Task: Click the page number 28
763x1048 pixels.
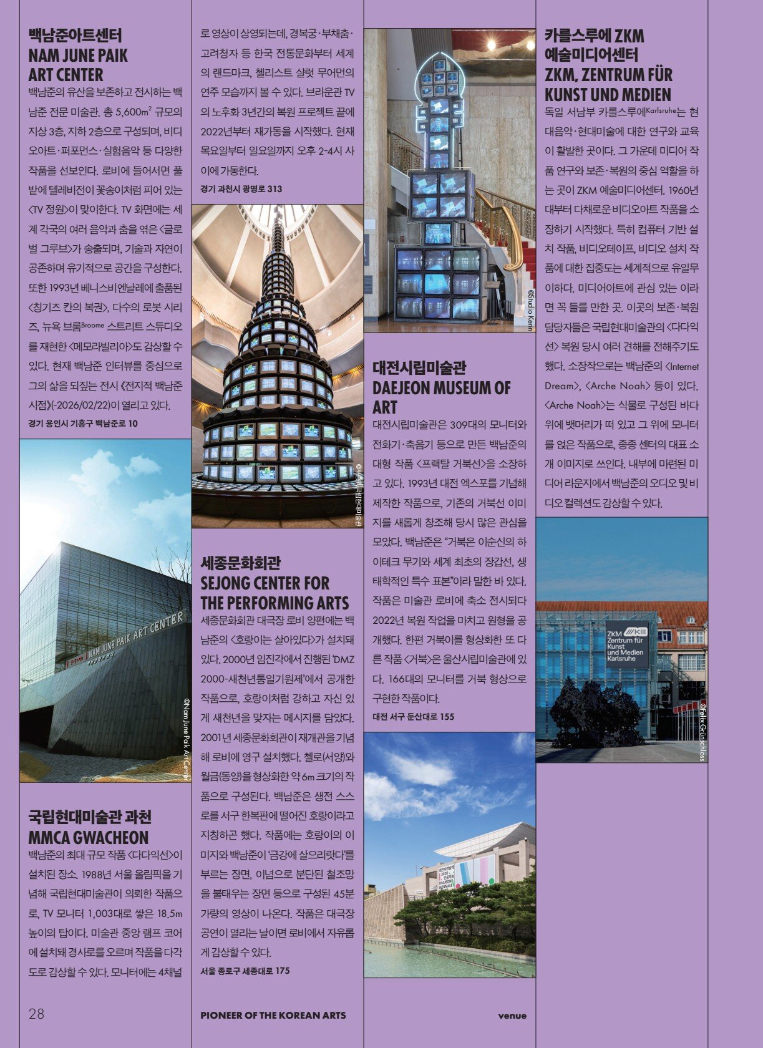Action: tap(36, 1013)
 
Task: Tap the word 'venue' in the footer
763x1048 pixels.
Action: tap(512, 1015)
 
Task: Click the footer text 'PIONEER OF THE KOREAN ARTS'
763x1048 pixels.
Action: tap(273, 1015)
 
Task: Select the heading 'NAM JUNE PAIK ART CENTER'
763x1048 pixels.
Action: tap(78, 65)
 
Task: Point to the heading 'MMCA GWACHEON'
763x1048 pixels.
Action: tap(89, 837)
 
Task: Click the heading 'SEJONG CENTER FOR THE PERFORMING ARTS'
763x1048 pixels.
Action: tap(275, 593)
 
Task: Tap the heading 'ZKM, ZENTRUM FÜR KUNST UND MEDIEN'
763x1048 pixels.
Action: tap(608, 85)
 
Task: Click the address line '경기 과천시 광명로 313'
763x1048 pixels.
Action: tap(241, 189)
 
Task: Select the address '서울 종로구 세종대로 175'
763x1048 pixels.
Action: tap(245, 971)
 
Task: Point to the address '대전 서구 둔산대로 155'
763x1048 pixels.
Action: tap(414, 716)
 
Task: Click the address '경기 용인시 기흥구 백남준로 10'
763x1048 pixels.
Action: tap(83, 423)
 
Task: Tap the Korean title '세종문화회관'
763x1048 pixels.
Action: tap(240, 563)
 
